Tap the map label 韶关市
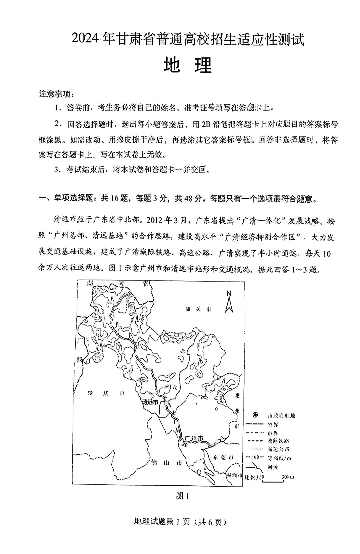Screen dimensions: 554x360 pos(198,309)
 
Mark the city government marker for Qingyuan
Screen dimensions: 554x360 pos(165,397)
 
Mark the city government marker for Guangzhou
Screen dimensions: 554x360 pos(185,445)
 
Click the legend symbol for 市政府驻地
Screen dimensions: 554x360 pos(255,415)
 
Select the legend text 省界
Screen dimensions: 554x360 pos(272,424)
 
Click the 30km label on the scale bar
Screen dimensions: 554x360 pos(288,477)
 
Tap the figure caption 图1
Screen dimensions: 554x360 pos(182,496)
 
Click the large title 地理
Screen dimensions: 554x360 pos(188,65)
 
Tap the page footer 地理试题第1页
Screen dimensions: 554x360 pos(161,522)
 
